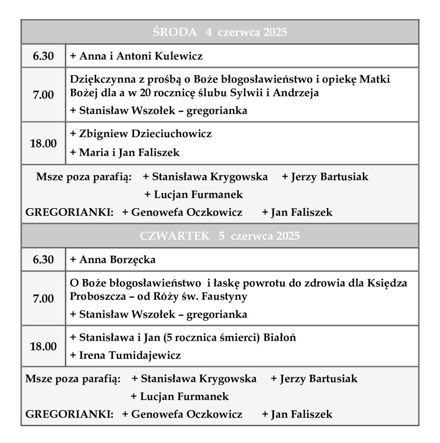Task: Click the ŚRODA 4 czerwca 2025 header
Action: (x=220, y=32)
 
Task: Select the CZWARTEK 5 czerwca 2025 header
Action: (x=220, y=236)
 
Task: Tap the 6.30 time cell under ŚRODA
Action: (x=43, y=56)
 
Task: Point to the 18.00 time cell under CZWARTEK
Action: (x=43, y=346)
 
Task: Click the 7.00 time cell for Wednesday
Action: (x=43, y=95)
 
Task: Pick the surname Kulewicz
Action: (x=178, y=56)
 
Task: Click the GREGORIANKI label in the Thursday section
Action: (x=69, y=414)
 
